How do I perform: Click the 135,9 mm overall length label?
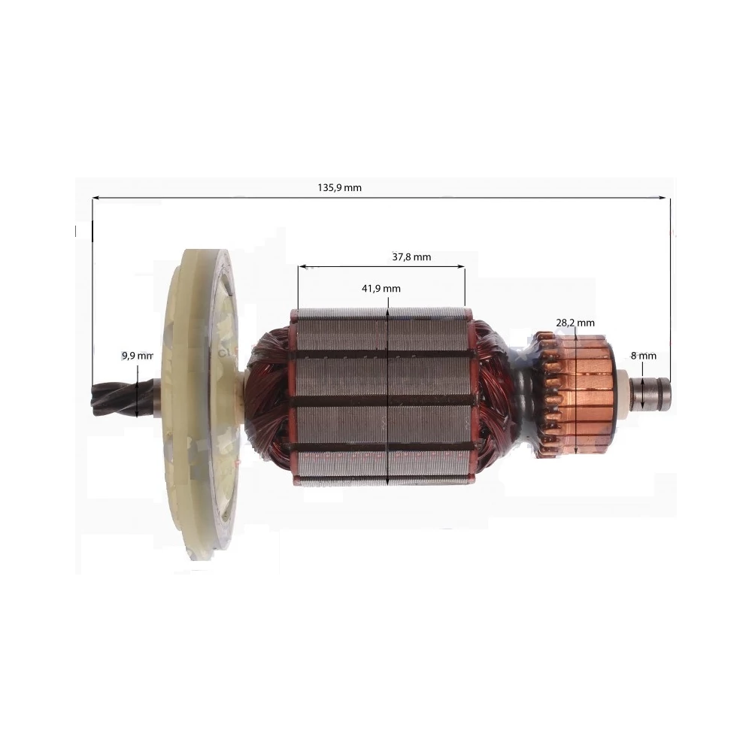click(340, 187)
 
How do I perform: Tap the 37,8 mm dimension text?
click(411, 257)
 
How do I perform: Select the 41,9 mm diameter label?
click(381, 289)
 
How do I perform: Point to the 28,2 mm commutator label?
click(575, 323)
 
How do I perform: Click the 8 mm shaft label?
click(644, 356)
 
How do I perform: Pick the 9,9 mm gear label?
click(137, 356)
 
